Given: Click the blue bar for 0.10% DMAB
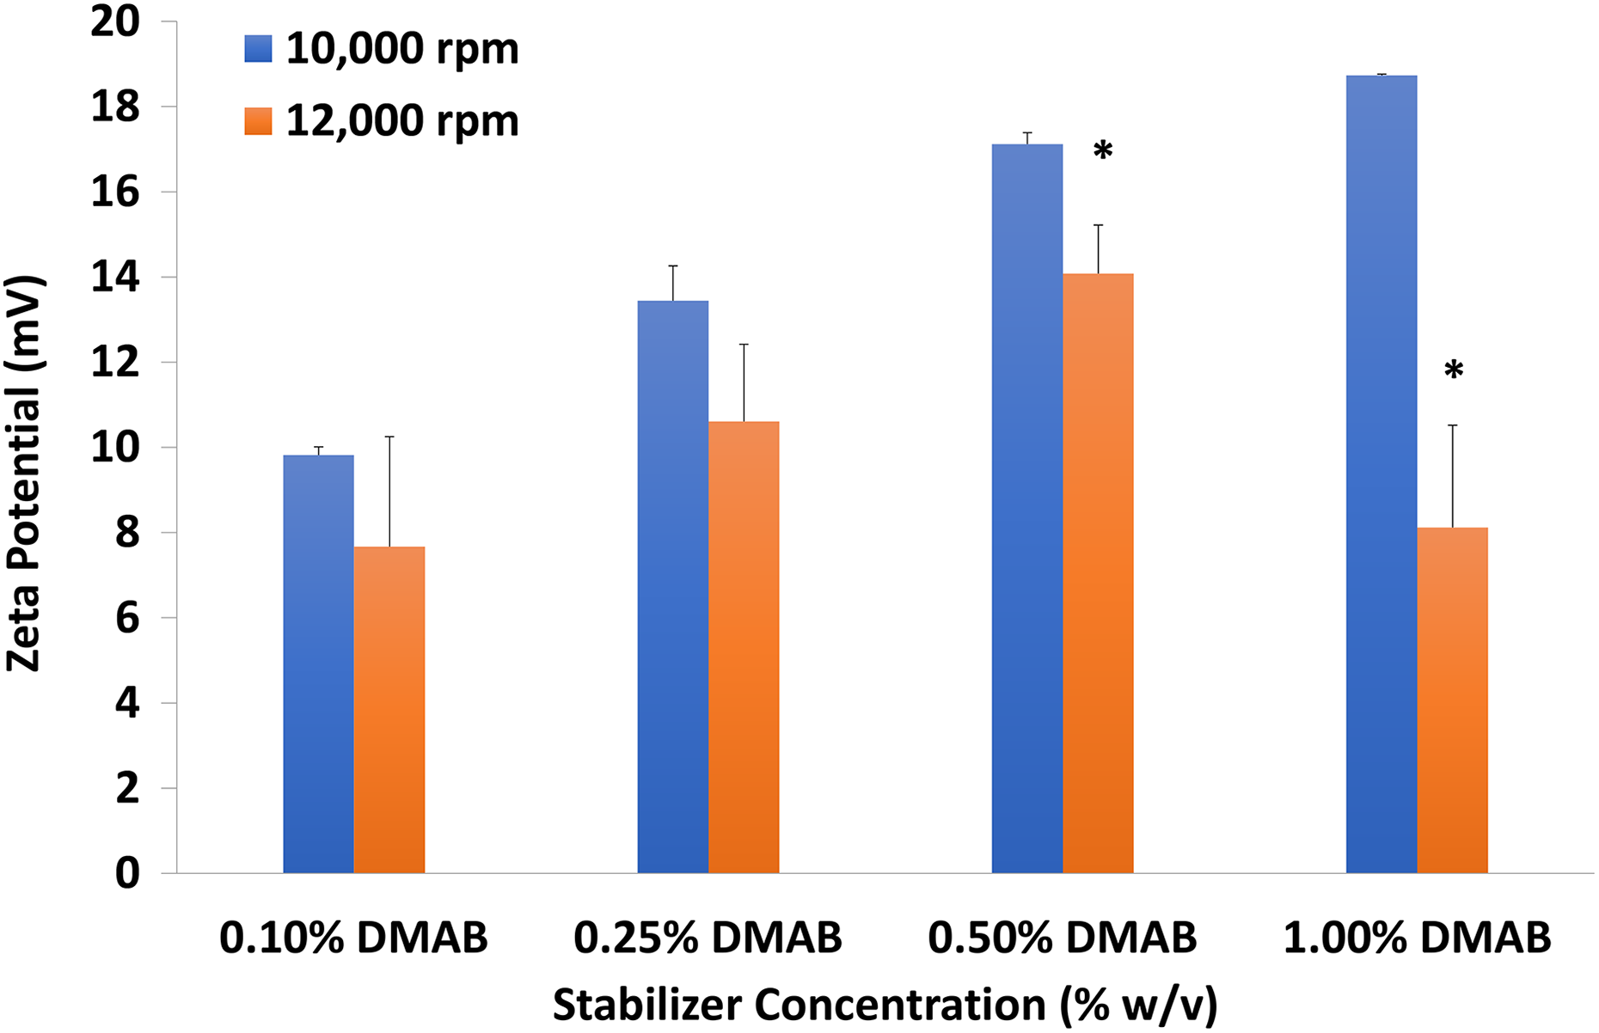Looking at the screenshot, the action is point(318,664).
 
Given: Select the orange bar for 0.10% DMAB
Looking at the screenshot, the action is point(389,710).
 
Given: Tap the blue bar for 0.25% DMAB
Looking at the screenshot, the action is point(672,587).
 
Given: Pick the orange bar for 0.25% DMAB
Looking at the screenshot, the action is point(744,648).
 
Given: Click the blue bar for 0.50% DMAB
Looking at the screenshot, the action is point(1027,509).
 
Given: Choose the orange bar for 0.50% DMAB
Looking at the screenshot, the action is point(1098,574).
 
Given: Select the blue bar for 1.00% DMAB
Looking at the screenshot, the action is point(1382,474).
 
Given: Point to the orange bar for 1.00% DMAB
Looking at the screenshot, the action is point(1453,700).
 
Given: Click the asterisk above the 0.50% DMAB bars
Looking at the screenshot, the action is point(1103,151).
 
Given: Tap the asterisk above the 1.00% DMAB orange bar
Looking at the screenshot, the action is point(1454,371).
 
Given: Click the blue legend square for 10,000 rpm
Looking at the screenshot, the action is point(258,49).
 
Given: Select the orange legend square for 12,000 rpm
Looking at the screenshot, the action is point(258,121).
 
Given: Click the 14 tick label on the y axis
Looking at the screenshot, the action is point(115,278).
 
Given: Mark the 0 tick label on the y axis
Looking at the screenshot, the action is point(126,873).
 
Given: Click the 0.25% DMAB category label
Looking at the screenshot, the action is point(708,938).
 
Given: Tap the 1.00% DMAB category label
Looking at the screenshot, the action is point(1417,938).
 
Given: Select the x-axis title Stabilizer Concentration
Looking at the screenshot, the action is point(799,1004).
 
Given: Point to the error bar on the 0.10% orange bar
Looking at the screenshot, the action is point(389,492).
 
